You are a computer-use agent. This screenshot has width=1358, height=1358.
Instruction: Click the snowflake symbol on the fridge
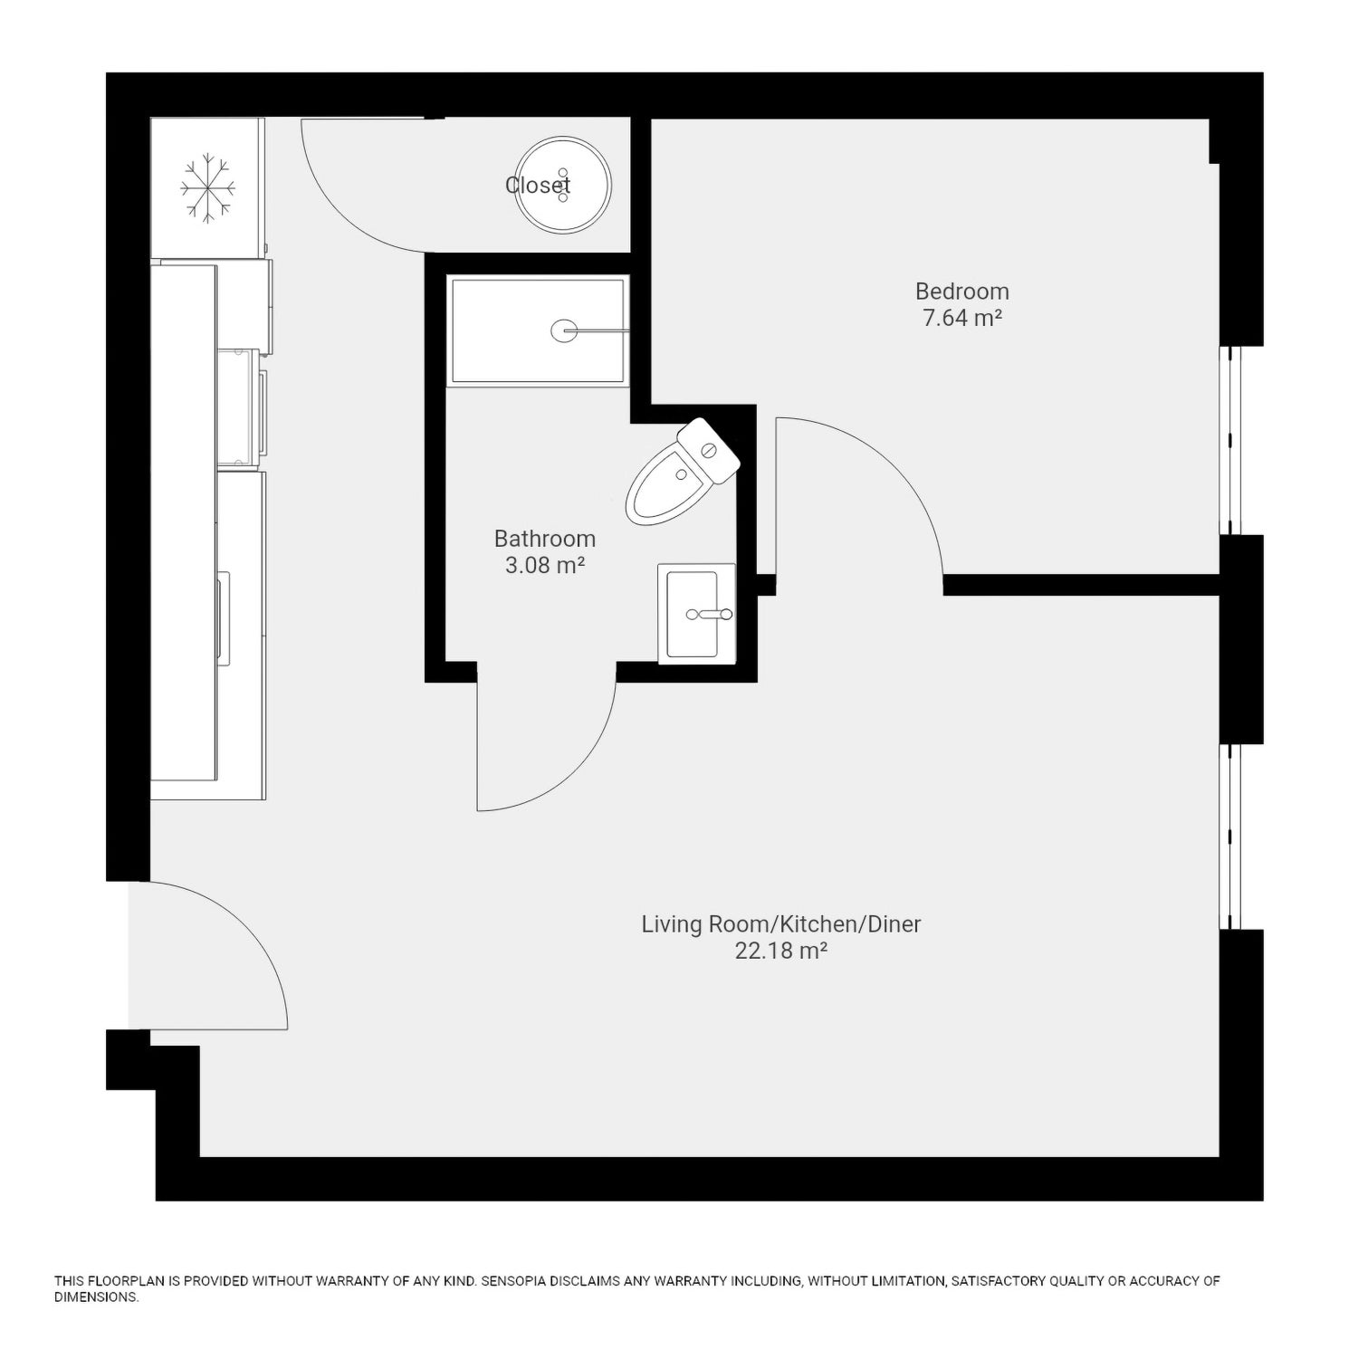point(207,189)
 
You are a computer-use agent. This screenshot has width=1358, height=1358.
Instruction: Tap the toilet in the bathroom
point(683,471)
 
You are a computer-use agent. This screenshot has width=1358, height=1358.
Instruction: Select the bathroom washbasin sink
point(696,614)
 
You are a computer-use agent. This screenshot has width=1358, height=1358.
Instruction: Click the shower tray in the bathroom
point(538,330)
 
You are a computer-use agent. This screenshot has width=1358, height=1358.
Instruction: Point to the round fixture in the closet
point(563,185)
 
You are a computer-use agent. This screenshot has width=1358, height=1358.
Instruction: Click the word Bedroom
point(961,292)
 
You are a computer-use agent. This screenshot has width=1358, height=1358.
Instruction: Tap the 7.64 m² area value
point(961,319)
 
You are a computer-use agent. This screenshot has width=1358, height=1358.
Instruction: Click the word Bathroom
point(545,539)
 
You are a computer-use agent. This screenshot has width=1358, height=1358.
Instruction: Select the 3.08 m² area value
point(545,566)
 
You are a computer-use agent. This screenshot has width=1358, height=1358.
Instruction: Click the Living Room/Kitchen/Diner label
point(781,924)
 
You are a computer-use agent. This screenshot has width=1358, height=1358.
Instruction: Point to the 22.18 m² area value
point(781,952)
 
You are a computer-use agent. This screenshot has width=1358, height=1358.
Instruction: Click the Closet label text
point(538,186)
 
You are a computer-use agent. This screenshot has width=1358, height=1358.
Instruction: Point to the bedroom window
point(1230,440)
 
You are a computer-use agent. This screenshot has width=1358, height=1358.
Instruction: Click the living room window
point(1230,837)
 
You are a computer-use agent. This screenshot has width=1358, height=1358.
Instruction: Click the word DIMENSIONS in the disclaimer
point(97,1297)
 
